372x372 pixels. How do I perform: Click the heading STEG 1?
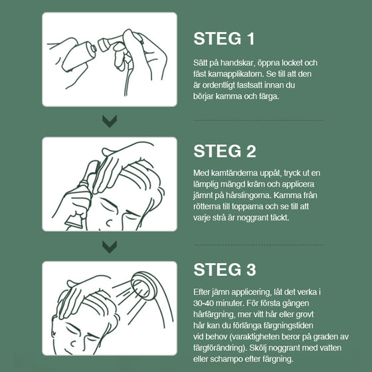(224, 39)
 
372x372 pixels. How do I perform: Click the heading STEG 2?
(225, 151)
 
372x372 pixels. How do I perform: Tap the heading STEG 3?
(225, 270)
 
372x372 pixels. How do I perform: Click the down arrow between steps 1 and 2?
(110, 121)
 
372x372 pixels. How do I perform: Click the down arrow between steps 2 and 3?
(110, 246)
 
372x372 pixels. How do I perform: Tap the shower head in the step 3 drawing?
(143, 286)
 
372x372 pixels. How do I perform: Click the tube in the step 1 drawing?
(78, 56)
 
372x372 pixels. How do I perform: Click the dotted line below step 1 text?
(258, 120)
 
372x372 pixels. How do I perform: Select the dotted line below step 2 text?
(258, 244)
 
